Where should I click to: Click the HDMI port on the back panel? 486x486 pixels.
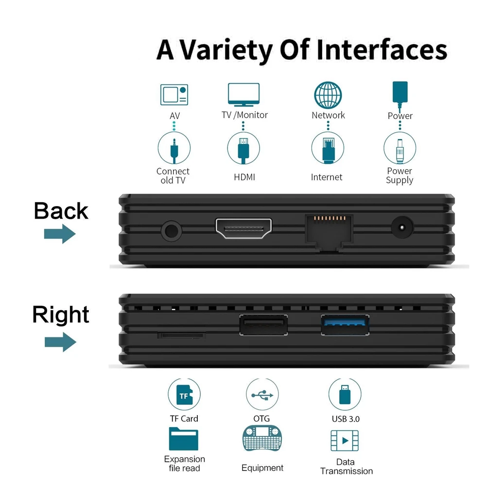tap(243, 228)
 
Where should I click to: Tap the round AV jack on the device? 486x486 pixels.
tap(172, 231)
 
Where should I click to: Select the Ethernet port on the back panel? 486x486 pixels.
tap(329, 231)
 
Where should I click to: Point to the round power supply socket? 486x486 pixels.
tap(402, 227)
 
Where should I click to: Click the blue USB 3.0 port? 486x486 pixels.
tap(345, 325)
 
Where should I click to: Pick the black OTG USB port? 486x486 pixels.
tap(263, 325)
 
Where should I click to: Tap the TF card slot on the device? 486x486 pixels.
tap(182, 335)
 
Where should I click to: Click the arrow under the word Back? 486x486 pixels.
tap(60, 234)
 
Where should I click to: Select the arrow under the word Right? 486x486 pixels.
tap(60, 342)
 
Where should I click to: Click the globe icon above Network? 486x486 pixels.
tap(328, 95)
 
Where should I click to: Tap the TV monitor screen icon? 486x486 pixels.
tap(243, 95)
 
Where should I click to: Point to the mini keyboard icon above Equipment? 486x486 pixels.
tap(262, 438)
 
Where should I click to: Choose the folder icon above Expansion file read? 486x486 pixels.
tap(184, 439)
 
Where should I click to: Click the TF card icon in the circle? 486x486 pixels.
tap(184, 395)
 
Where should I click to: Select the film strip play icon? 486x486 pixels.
tap(345, 440)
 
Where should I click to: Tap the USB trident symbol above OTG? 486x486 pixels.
tap(262, 395)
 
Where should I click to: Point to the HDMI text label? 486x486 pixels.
tap(244, 177)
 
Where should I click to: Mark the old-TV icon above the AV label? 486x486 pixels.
tap(174, 95)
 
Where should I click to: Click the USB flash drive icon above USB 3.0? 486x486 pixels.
tap(345, 395)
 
